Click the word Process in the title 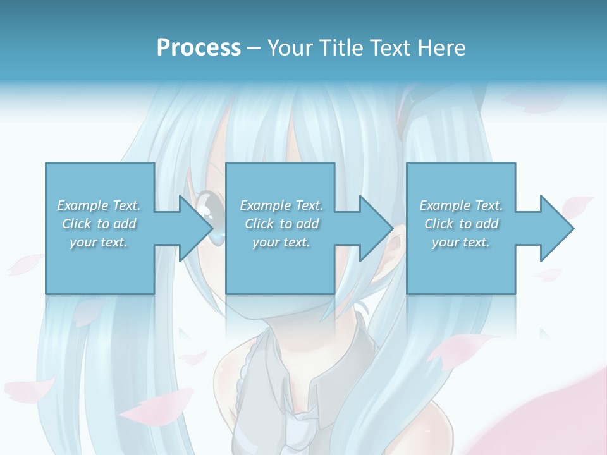[x=199, y=48]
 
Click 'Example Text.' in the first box [x=99, y=205]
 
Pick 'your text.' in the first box [x=99, y=242]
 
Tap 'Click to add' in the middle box [x=281, y=224]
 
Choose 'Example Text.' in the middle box [x=281, y=205]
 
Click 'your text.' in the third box [x=461, y=242]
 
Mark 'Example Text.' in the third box [x=461, y=205]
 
